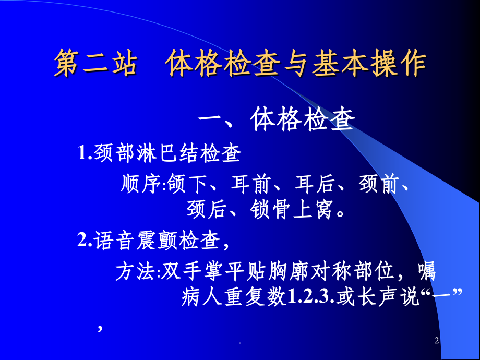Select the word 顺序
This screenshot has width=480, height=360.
(x=138, y=185)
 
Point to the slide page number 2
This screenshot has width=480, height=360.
(x=437, y=342)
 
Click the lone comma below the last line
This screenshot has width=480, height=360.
(x=99, y=328)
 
